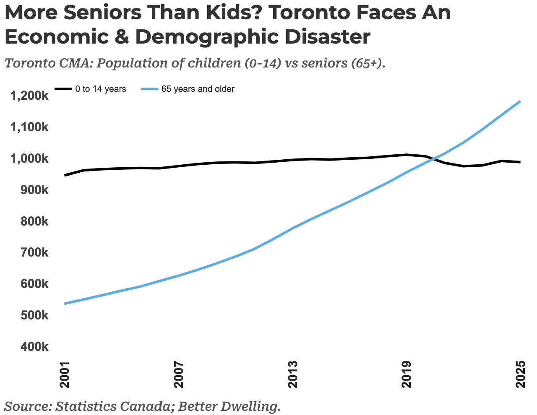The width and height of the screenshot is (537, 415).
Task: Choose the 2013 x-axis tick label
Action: click(x=292, y=374)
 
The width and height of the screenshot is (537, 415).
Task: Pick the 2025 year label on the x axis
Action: click(x=520, y=374)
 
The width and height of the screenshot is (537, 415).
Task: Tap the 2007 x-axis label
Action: click(x=179, y=374)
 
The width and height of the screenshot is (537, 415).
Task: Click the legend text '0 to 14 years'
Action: click(x=101, y=89)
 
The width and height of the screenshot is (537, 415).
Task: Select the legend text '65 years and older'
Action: click(x=198, y=89)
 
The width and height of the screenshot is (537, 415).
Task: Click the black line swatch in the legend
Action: click(x=63, y=89)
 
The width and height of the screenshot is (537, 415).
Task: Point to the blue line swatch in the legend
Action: click(x=149, y=89)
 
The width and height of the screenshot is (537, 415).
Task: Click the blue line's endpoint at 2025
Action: click(x=520, y=101)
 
